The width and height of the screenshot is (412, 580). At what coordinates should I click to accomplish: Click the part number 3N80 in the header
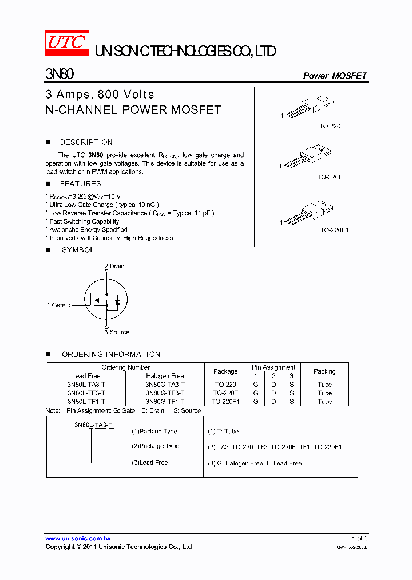59,75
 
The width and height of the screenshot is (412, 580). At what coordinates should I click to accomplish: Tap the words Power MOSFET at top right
334,76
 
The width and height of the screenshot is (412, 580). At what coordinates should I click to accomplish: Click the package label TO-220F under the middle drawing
330,178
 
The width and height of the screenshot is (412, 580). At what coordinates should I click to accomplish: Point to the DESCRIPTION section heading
86,142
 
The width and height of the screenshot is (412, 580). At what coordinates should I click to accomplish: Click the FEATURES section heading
80,184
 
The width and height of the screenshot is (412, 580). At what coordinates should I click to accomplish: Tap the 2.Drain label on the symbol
114,266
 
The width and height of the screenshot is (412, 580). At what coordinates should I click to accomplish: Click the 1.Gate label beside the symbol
56,305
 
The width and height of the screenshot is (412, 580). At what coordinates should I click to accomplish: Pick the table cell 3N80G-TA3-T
165,385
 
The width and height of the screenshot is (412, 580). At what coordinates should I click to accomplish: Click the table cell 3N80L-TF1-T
86,402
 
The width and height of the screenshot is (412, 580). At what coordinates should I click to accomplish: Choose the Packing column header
324,371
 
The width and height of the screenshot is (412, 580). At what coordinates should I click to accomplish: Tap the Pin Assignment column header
274,367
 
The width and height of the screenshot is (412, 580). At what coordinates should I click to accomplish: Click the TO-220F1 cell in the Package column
225,402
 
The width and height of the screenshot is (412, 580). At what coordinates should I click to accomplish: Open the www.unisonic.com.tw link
78,539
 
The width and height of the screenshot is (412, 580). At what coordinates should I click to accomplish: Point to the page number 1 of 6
359,539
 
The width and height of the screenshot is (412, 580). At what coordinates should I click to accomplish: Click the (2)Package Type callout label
155,446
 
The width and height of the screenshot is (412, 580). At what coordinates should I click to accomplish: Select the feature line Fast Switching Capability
84,221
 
